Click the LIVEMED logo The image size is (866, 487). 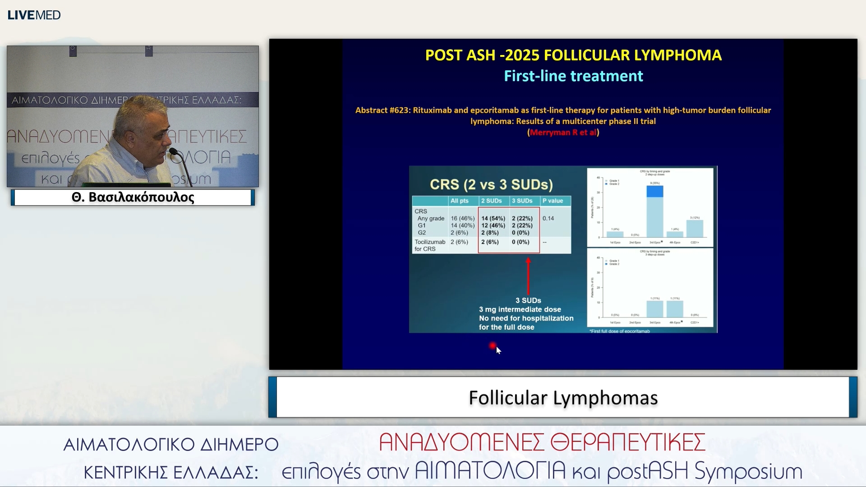point(34,15)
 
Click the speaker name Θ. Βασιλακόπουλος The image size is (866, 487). point(133,198)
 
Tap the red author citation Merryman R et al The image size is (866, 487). point(563,132)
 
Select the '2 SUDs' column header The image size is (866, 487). point(491,201)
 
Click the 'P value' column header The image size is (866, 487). point(553,201)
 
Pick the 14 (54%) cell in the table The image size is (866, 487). point(493,218)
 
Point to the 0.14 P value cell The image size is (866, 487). point(548,218)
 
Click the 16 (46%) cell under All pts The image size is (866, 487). point(462,218)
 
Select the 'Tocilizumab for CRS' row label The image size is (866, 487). point(429,245)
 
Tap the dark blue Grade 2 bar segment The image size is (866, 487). point(655,191)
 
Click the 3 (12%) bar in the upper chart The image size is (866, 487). point(695,228)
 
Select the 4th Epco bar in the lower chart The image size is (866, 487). point(675,308)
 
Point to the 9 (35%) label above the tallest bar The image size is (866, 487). point(655,183)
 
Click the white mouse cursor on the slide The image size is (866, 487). point(498,350)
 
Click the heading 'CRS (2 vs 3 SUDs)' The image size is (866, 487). point(491,184)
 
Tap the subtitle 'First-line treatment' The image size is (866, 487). point(573,76)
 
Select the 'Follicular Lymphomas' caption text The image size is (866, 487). point(563,398)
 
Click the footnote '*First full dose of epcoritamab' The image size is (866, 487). point(619,331)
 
